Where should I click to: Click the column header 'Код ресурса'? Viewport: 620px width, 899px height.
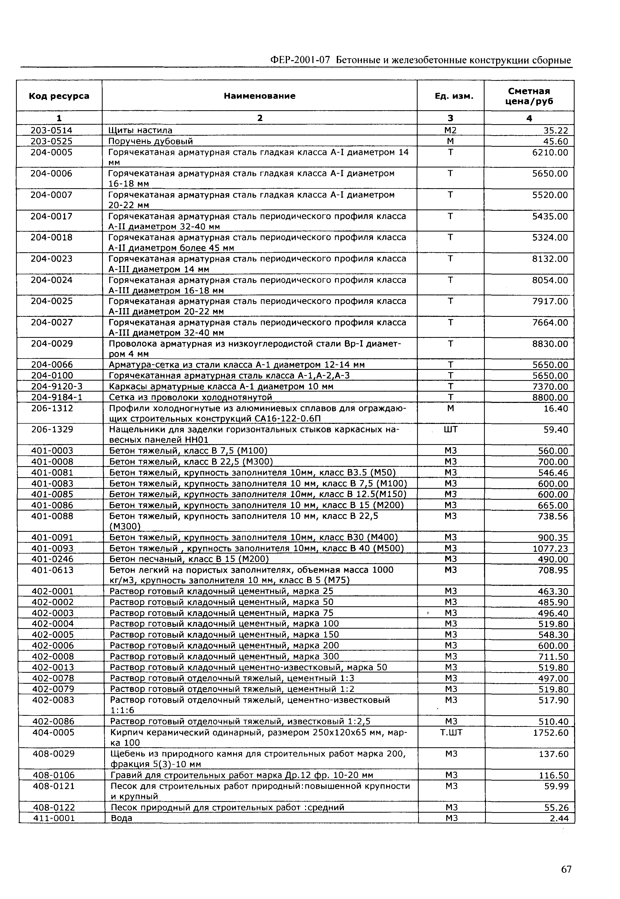[59, 96]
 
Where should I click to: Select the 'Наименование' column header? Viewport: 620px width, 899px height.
[260, 96]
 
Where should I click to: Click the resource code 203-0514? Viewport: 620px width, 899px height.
[52, 130]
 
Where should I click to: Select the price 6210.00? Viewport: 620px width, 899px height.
[550, 152]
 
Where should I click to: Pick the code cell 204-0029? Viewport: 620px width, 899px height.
[52, 344]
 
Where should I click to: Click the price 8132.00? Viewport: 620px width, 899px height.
[550, 259]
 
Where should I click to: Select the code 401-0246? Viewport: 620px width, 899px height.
[52, 559]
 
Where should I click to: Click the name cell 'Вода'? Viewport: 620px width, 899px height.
[122, 818]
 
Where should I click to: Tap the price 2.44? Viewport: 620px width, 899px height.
[559, 818]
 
